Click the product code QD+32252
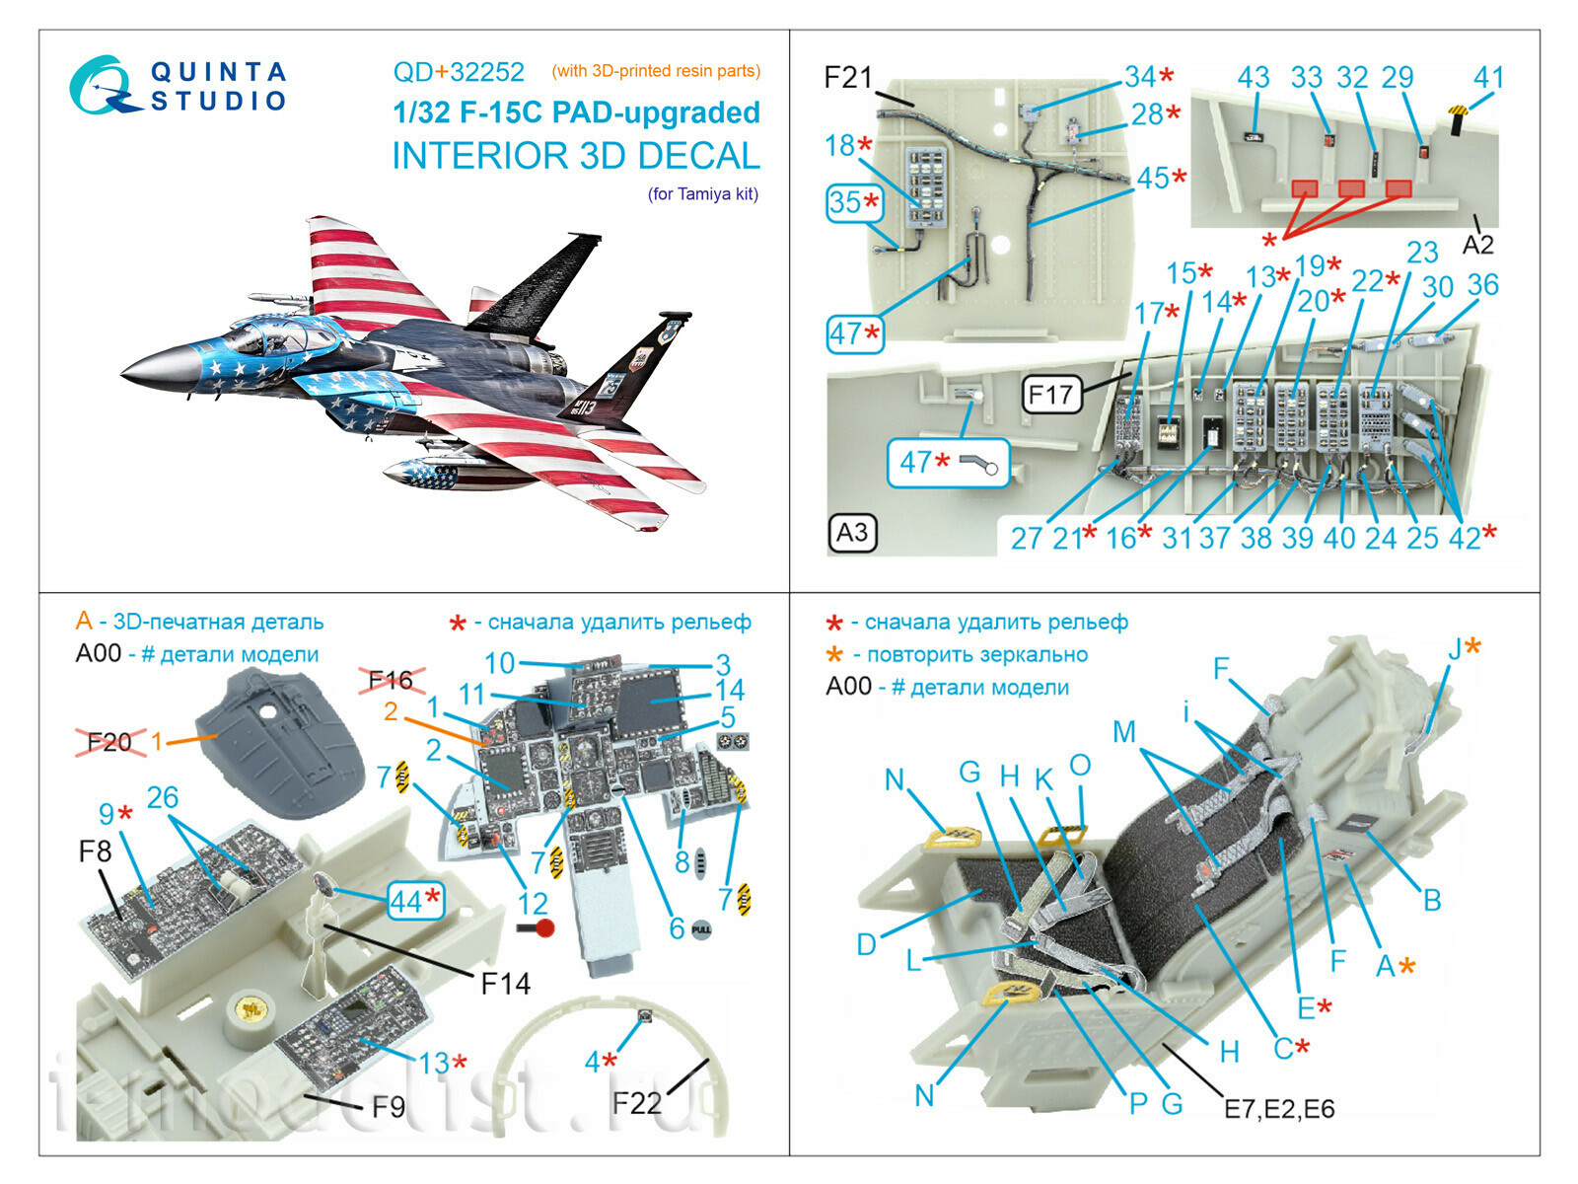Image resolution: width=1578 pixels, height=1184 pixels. pyautogui.click(x=459, y=72)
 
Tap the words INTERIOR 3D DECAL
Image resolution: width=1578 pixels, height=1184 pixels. pyautogui.click(x=576, y=156)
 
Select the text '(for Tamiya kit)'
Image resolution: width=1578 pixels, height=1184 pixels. pyautogui.click(x=702, y=193)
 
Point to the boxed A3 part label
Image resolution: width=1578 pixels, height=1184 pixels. pyautogui.click(x=852, y=533)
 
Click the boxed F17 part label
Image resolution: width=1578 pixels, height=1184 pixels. pyautogui.click(x=1050, y=395)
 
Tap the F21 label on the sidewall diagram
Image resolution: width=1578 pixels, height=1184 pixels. pyautogui.click(x=848, y=77)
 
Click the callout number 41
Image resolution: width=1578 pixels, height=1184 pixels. pyautogui.click(x=1488, y=78)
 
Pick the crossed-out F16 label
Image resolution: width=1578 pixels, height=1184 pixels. pyautogui.click(x=391, y=680)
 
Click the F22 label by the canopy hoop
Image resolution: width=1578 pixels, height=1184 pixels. pyautogui.click(x=636, y=1102)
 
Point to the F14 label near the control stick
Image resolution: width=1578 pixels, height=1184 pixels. pyautogui.click(x=505, y=983)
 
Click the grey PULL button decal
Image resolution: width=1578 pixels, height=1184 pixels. pyautogui.click(x=701, y=929)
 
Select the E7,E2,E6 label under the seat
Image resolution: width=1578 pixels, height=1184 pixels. pyautogui.click(x=1279, y=1108)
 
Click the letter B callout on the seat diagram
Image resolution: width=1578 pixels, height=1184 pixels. pyautogui.click(x=1431, y=899)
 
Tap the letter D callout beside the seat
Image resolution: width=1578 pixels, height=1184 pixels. pyautogui.click(x=866, y=944)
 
